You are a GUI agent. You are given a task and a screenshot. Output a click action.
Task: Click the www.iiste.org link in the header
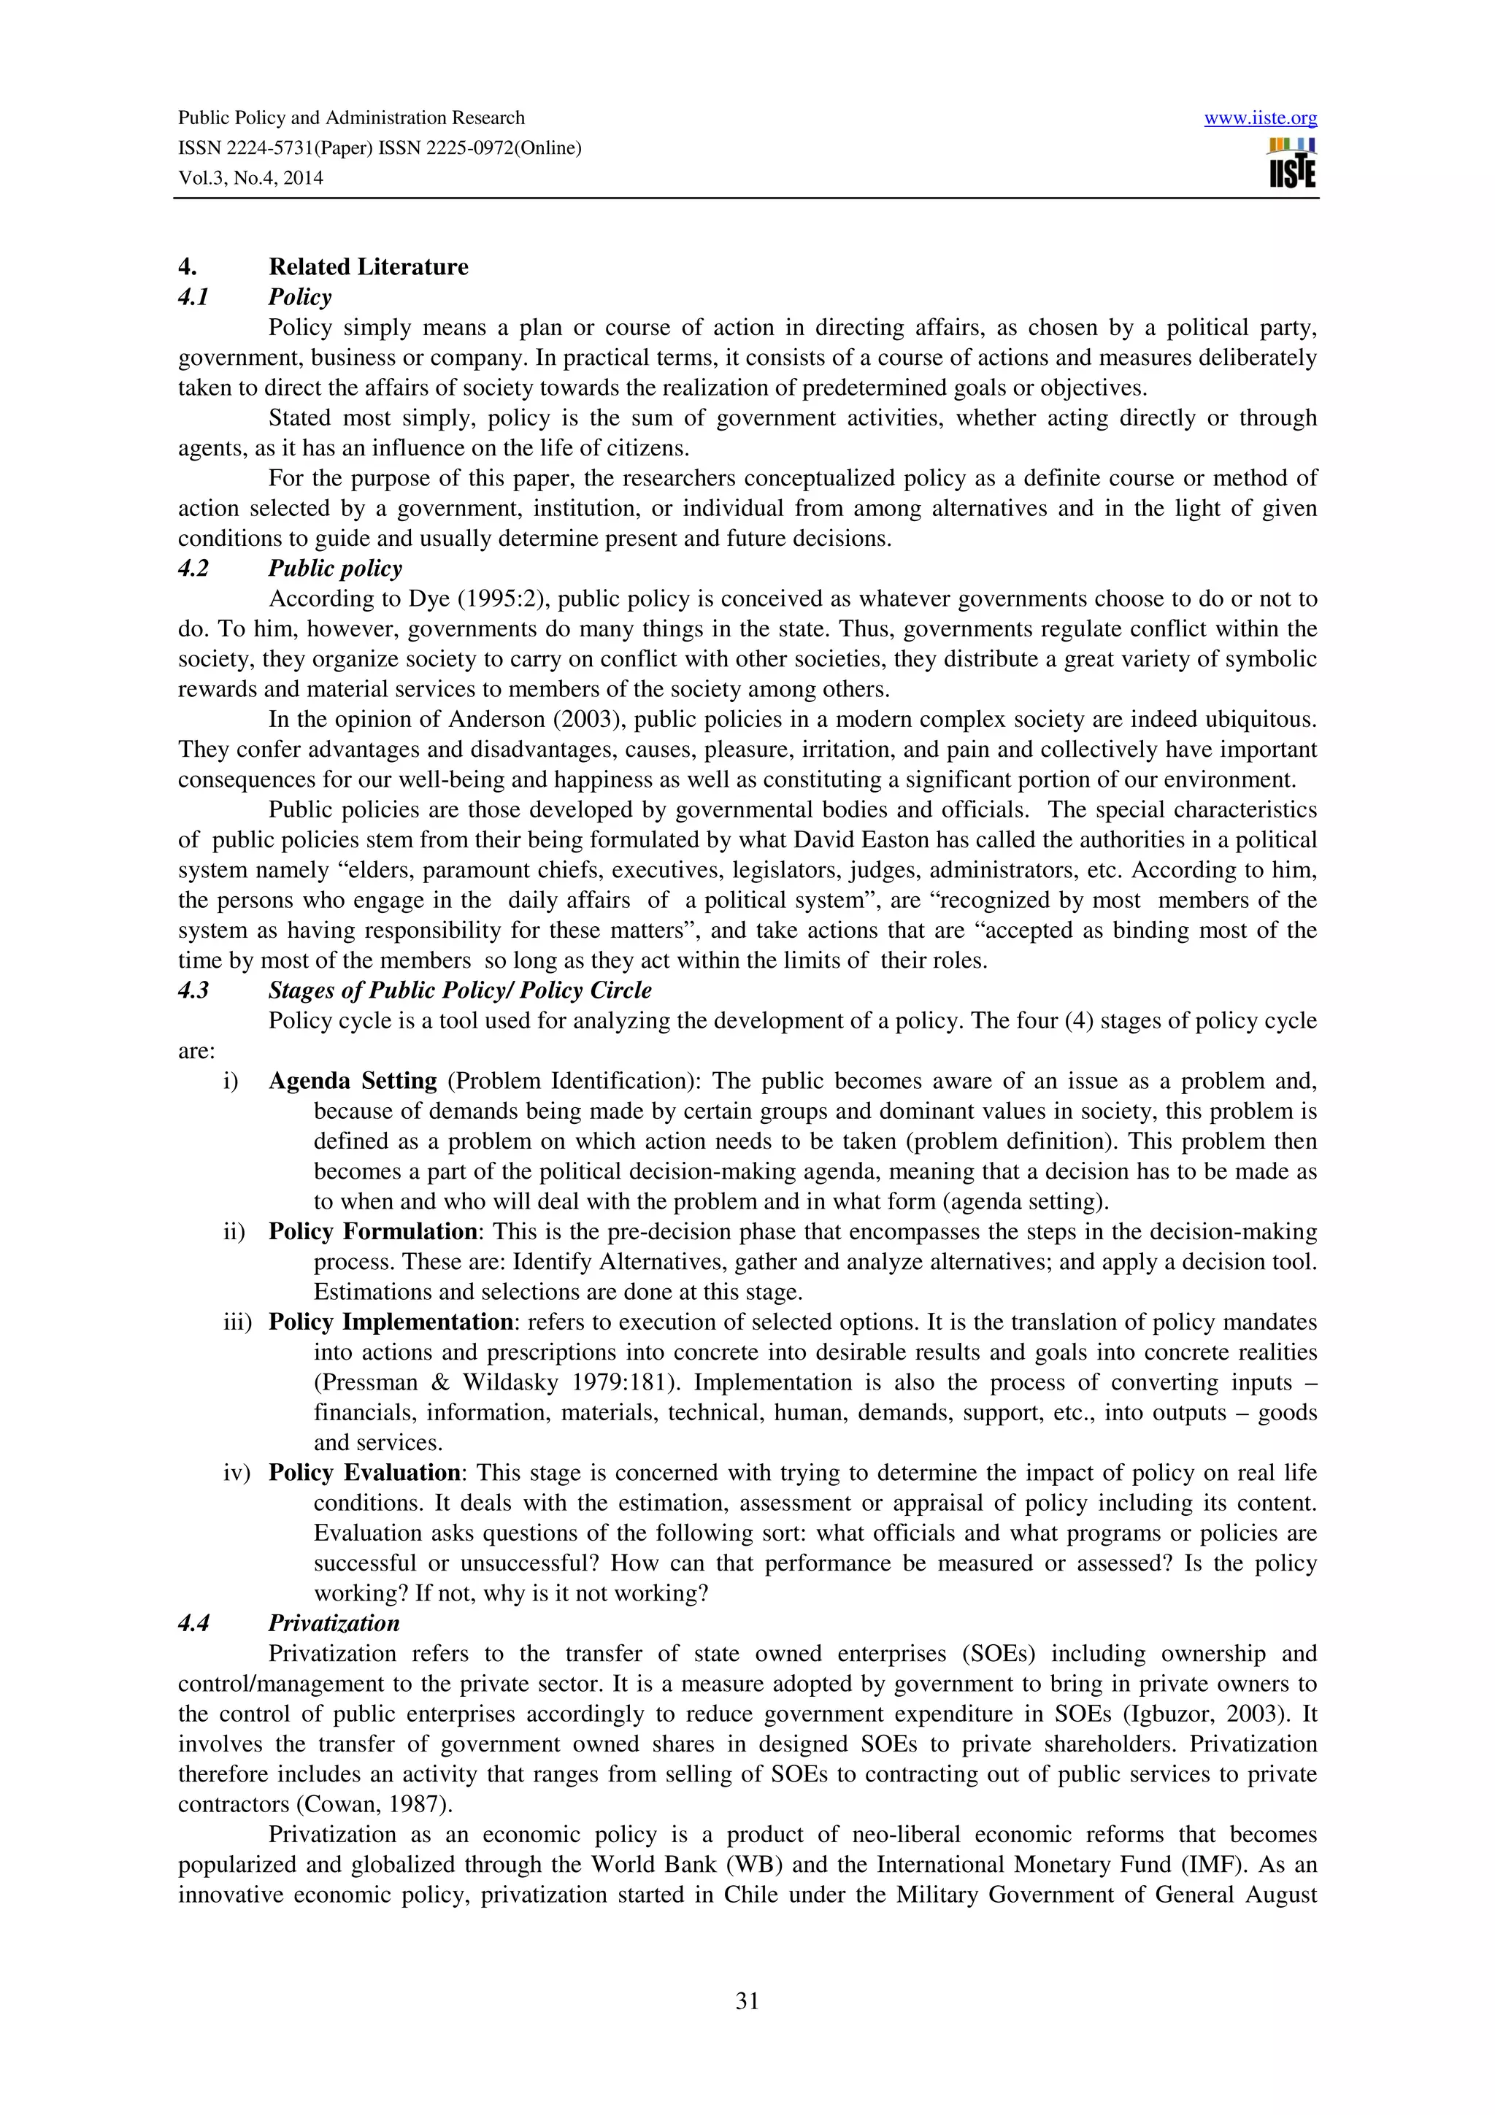tap(1259, 118)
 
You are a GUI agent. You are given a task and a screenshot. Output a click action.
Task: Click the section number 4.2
tap(193, 569)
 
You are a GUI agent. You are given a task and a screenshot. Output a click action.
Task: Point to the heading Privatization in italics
tap(334, 1623)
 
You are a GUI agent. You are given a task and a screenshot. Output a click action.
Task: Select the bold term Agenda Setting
tap(352, 1081)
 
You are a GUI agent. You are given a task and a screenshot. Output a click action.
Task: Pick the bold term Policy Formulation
tap(372, 1232)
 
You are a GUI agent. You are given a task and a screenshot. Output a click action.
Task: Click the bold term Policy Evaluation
tap(364, 1473)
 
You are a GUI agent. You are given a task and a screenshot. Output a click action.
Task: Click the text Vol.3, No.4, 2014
tap(250, 178)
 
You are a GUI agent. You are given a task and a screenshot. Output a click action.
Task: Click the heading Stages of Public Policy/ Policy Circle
tap(460, 990)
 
